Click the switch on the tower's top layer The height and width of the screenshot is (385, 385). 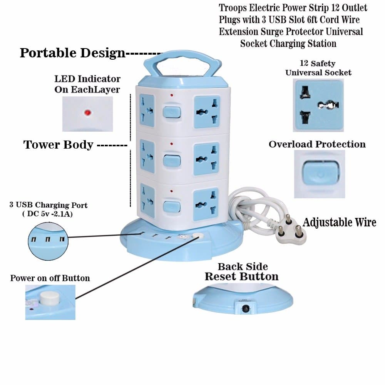pos(171,112)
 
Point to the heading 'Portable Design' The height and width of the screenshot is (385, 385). pos(72,53)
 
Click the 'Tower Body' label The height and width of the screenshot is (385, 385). pos(59,144)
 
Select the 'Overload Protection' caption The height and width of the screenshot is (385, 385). pos(317,144)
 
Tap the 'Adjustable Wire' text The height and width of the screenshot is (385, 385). pos(339,222)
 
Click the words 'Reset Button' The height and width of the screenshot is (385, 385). pos(241,276)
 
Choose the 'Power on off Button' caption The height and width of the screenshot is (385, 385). pos(50,278)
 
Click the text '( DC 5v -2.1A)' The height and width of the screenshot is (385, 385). pos(48,214)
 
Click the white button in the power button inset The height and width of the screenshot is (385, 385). pos(49,298)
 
